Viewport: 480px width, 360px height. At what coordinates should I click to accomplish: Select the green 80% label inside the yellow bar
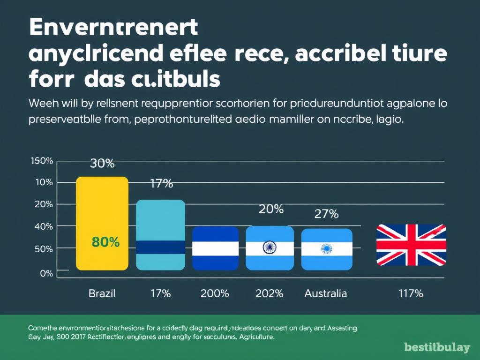point(105,242)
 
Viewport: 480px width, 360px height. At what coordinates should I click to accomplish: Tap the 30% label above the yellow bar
point(102,164)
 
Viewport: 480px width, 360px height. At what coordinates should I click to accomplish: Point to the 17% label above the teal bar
point(161,184)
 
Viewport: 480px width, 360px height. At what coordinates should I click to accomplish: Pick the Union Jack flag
point(412,245)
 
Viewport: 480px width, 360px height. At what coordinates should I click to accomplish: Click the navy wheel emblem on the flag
point(270,247)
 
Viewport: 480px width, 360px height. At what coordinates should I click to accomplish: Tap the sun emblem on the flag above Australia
point(326,248)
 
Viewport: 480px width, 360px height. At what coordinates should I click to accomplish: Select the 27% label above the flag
point(326,214)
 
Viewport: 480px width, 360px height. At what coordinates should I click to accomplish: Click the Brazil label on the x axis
point(102,294)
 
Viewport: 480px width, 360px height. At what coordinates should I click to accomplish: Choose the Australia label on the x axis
point(326,294)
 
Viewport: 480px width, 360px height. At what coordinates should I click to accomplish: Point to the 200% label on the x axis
point(215,294)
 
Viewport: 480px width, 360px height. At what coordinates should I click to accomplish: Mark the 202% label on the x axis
point(270,294)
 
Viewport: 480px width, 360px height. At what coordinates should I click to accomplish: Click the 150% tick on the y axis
point(42,161)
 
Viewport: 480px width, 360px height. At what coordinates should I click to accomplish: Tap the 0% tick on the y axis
point(46,273)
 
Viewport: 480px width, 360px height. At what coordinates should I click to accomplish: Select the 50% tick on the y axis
point(44,248)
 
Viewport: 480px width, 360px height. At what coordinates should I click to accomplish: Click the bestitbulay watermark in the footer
point(437,347)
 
